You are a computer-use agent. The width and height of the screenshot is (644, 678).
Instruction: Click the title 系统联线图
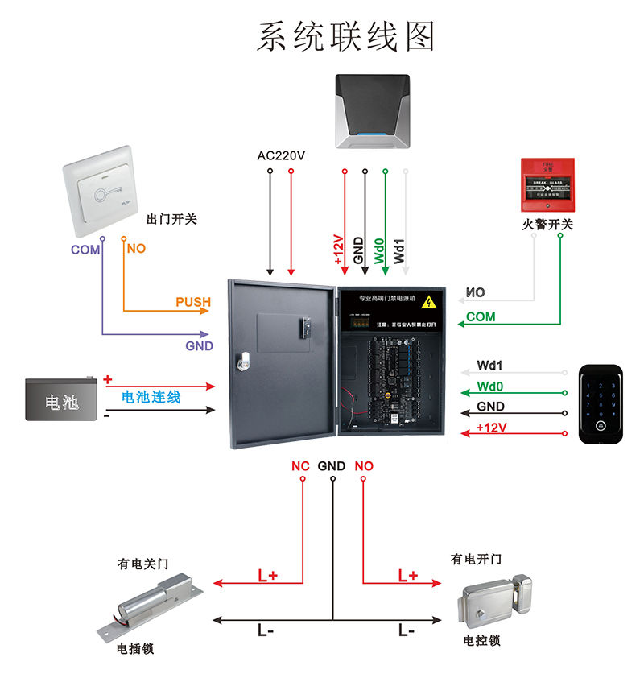pos(345,36)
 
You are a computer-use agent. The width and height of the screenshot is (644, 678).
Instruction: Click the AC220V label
pos(281,155)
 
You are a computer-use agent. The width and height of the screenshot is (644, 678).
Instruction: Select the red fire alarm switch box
pos(547,188)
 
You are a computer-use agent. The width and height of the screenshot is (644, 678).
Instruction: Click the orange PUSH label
pos(193,302)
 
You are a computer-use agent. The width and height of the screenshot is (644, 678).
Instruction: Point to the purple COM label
pos(85,250)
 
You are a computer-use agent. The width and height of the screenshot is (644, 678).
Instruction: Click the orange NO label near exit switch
pos(136,249)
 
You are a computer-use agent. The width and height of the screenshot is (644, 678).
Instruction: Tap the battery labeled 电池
pos(62,400)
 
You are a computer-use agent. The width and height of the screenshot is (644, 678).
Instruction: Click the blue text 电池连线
pos(151,397)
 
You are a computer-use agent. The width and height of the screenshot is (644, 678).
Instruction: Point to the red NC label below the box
pos(300,466)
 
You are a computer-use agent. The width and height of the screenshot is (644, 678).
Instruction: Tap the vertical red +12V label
pos(338,250)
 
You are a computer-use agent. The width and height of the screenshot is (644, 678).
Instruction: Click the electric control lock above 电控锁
pos(498,603)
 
